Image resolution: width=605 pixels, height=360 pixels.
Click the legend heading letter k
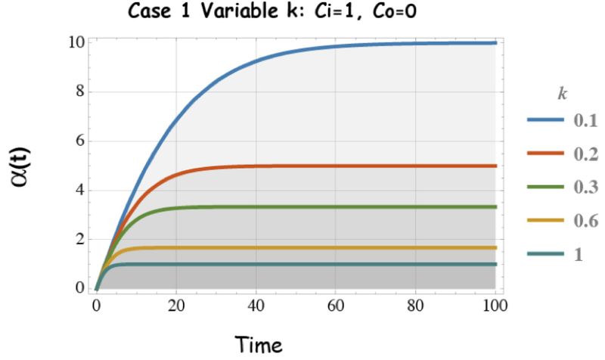(x=560, y=94)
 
